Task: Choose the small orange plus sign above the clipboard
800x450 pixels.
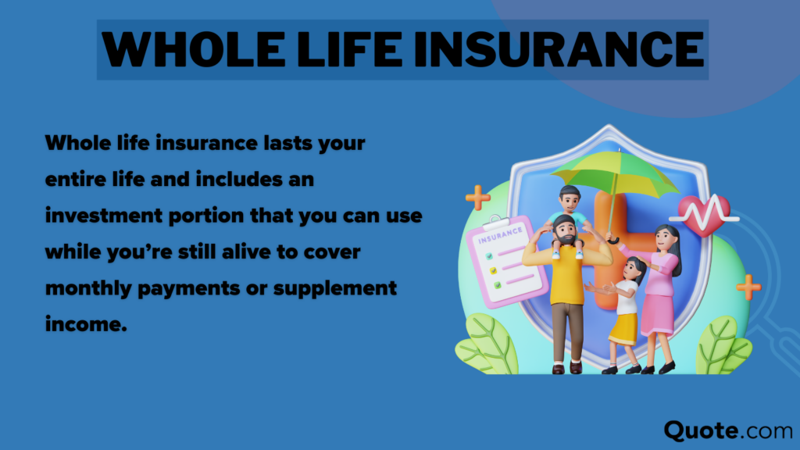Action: pyautogui.click(x=477, y=197)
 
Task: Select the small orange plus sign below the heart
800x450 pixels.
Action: pyautogui.click(x=748, y=287)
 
